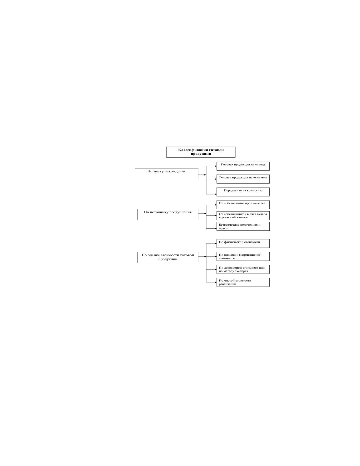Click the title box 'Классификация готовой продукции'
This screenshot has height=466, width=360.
point(201,152)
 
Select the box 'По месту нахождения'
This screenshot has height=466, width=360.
point(166,174)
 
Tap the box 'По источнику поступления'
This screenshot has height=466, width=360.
point(168,214)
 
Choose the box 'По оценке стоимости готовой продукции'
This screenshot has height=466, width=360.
point(168,257)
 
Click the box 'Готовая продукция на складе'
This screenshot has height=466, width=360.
point(243,166)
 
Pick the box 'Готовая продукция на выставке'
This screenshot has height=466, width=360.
point(243,179)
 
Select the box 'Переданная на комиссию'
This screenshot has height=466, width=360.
point(243,192)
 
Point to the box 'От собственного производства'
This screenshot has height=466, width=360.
point(243,204)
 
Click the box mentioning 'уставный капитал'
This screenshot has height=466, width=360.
point(243,216)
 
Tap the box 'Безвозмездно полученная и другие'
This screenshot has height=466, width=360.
point(243,226)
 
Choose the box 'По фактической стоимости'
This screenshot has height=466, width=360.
point(243,243)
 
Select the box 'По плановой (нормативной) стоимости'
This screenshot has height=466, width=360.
point(243,256)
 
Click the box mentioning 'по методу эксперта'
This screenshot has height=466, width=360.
point(243,269)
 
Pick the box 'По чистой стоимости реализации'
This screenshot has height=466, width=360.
point(243,282)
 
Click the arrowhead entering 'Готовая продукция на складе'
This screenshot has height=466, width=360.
point(216,166)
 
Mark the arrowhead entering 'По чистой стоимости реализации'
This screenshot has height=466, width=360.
point(216,282)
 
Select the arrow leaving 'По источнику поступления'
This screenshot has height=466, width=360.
point(202,214)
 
